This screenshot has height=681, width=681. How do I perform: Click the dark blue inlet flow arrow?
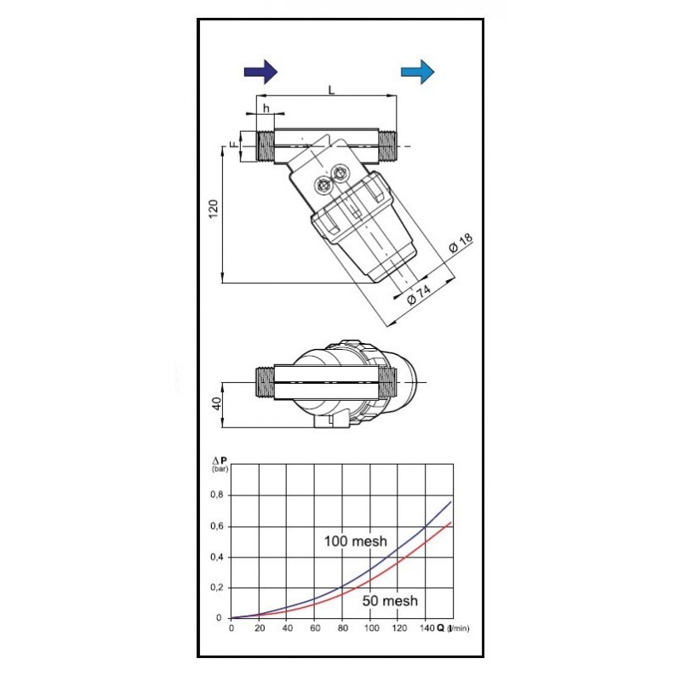(x=260, y=71)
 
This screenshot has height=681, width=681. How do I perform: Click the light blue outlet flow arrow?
(x=418, y=71)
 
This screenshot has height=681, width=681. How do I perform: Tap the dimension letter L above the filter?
(x=330, y=89)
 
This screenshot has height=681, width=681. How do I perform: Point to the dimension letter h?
(x=266, y=108)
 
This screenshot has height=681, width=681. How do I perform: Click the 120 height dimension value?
(x=213, y=209)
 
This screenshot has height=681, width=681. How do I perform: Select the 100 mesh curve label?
(x=354, y=541)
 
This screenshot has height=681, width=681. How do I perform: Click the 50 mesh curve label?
(x=389, y=601)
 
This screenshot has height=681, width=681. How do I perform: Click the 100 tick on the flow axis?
(x=371, y=629)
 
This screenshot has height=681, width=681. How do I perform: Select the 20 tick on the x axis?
(x=259, y=629)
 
